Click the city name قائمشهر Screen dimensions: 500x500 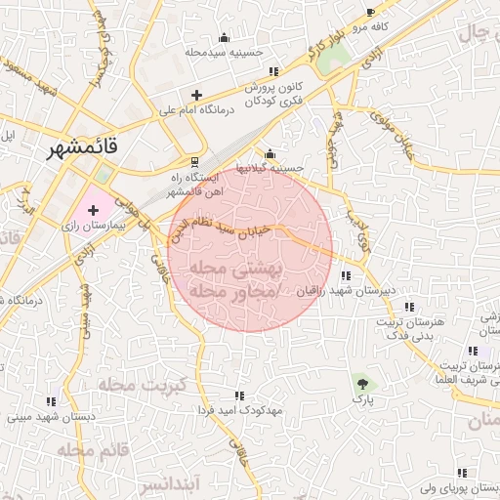tap(85, 147)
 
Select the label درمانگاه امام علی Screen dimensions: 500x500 tap(200, 110)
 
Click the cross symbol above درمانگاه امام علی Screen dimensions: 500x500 tap(197, 95)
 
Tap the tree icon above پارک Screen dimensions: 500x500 tap(362, 383)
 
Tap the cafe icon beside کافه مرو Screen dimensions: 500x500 tap(370, 13)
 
